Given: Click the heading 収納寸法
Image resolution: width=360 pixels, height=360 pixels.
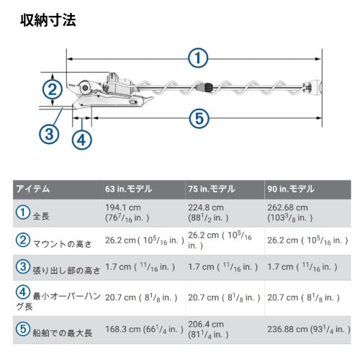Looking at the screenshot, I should point(48,19).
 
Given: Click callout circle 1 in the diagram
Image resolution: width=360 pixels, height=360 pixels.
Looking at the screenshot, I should point(198,58).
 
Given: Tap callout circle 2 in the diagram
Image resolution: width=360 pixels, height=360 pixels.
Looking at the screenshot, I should point(50,89).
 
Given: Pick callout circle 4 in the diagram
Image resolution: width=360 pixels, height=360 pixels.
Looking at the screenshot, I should point(83,139).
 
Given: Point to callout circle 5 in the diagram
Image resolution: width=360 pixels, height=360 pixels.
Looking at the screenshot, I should point(199,117).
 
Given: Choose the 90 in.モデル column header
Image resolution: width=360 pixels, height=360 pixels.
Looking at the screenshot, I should point(290,189).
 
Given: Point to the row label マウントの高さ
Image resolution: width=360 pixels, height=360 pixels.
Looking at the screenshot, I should point(58,240).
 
